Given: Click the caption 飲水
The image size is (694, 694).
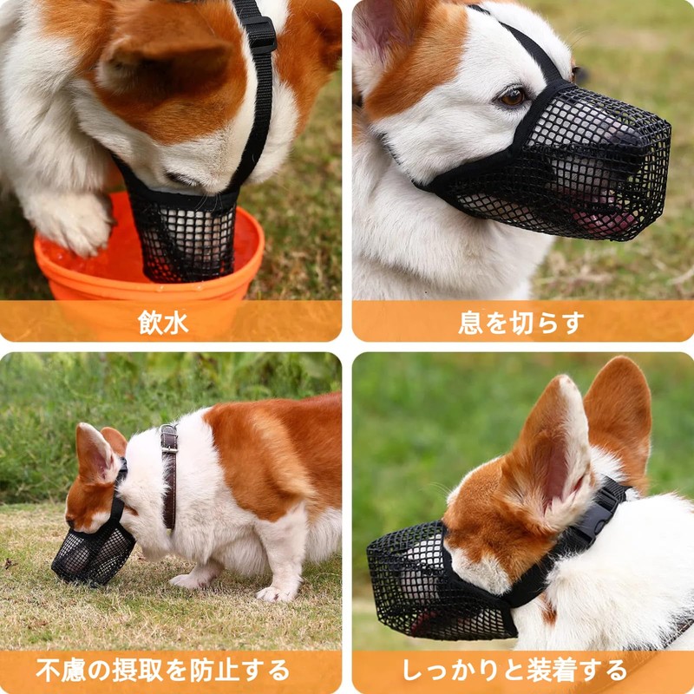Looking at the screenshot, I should pyautogui.click(x=163, y=323).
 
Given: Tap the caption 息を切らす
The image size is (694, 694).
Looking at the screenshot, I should pyautogui.click(x=521, y=323).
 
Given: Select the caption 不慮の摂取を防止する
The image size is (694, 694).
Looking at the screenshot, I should pyautogui.click(x=163, y=670).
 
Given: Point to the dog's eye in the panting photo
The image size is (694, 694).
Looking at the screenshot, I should pyautogui.click(x=513, y=96).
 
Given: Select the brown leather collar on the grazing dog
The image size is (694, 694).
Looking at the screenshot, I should pyautogui.click(x=169, y=473).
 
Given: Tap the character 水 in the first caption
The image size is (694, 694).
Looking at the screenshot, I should pyautogui.click(x=175, y=323).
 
